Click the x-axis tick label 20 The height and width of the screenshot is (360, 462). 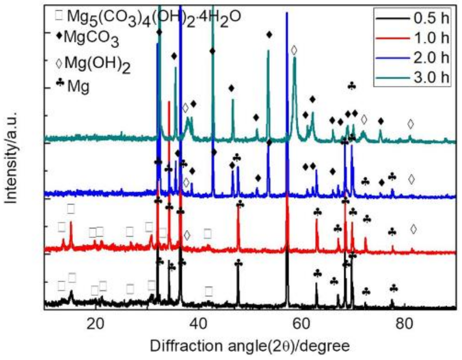click(95, 324)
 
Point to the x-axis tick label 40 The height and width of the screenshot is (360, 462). click(198, 324)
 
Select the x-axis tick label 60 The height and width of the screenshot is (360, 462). click(301, 324)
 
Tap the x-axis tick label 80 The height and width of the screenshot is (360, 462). click(404, 324)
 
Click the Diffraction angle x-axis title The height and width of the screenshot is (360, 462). click(250, 346)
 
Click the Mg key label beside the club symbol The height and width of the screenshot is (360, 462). click(78, 86)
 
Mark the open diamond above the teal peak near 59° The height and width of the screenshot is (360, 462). click(294, 51)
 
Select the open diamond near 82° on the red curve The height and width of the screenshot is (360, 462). click(413, 229)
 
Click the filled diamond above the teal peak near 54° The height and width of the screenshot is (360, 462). click(269, 34)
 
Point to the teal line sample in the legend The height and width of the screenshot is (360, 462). click(392, 78)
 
